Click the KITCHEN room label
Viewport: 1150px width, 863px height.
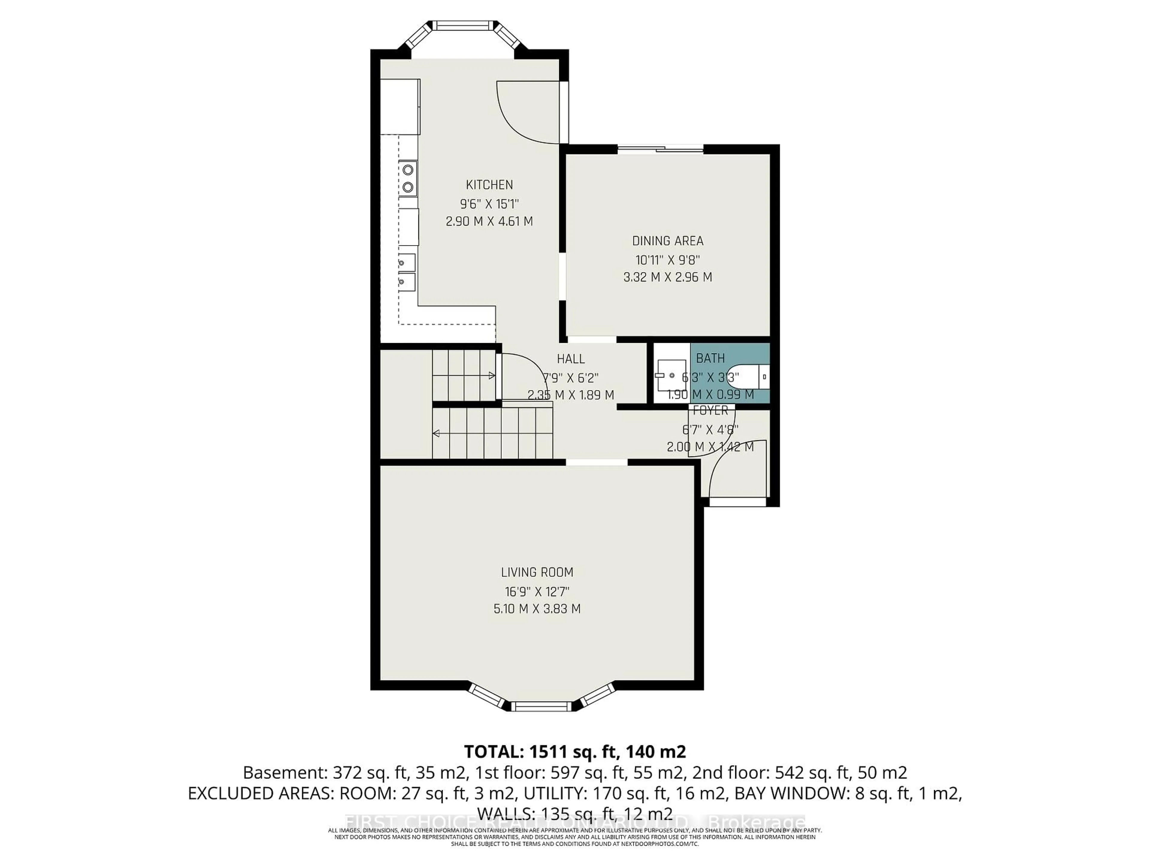(x=489, y=185)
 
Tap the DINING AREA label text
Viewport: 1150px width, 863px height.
(x=668, y=241)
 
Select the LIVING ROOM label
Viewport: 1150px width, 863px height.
(x=537, y=572)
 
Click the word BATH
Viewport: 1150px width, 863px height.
(x=710, y=358)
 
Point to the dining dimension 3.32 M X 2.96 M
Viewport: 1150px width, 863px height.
(x=668, y=277)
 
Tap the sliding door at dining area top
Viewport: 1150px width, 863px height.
(x=660, y=149)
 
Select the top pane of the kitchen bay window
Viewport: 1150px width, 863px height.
(x=462, y=25)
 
